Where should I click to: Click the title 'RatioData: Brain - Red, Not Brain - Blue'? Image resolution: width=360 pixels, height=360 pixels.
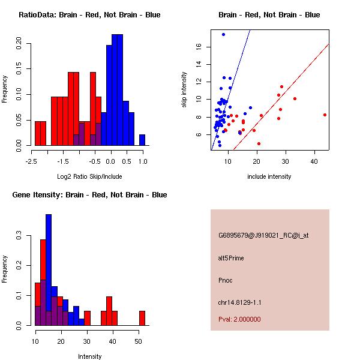[89, 15]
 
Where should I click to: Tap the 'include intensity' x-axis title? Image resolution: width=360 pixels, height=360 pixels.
[269, 176]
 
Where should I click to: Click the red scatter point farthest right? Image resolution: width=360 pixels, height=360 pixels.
[325, 115]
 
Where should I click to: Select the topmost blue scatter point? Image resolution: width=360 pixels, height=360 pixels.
[223, 34]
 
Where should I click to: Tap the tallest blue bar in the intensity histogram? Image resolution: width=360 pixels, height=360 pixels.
[49, 269]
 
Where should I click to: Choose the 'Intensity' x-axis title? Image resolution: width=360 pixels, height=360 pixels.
[90, 356]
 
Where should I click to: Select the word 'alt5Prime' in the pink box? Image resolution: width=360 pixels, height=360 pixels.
[231, 258]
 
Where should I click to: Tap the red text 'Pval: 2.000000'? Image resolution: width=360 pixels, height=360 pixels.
[239, 319]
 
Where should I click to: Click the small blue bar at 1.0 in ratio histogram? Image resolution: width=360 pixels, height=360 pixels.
[142, 140]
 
